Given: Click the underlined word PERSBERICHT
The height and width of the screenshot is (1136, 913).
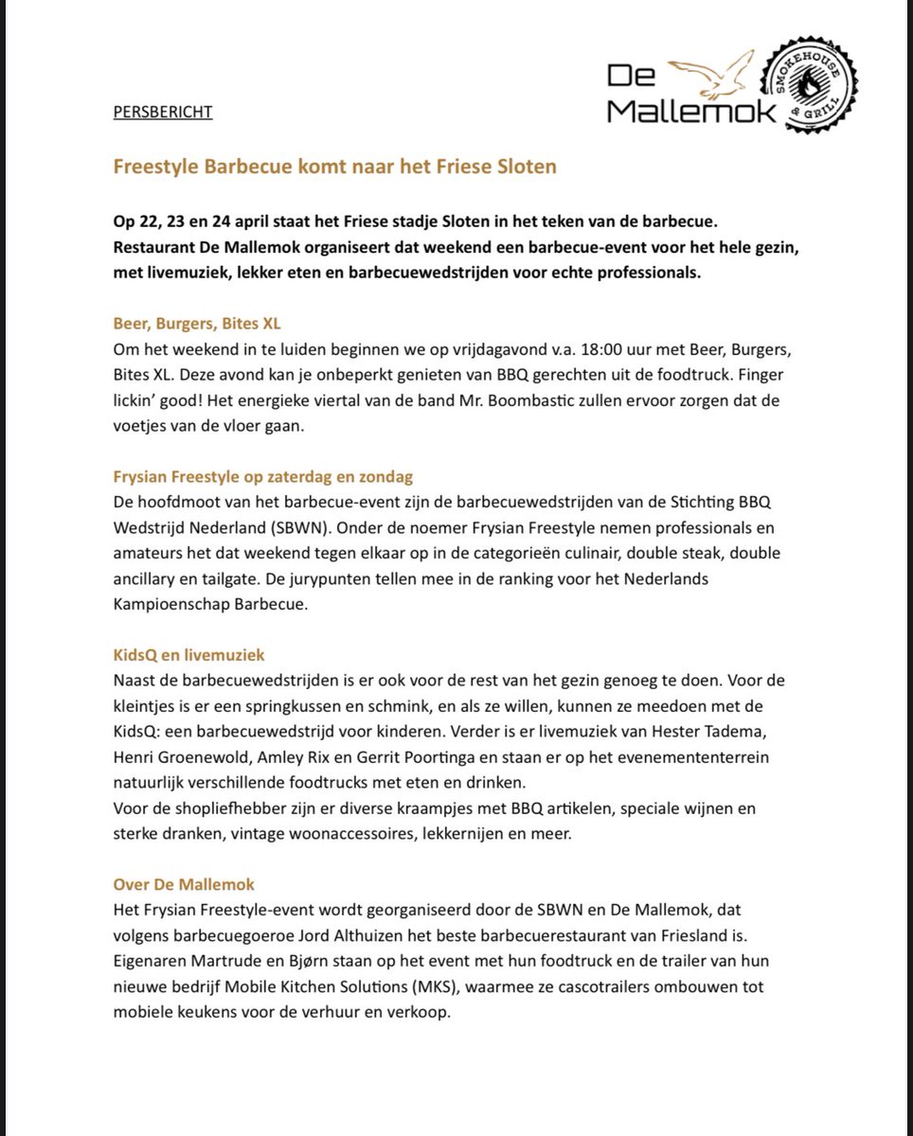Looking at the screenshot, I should click(162, 112).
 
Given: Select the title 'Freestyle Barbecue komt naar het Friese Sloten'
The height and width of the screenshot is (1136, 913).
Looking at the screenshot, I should click(334, 167).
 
